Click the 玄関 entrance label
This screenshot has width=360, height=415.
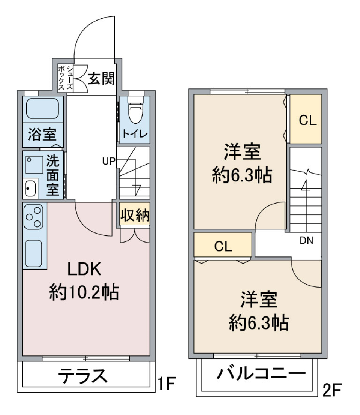[x=101, y=79]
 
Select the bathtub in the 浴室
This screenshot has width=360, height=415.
[x=43, y=108]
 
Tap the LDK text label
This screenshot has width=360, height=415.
[x=84, y=269]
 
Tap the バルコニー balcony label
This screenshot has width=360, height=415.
[x=261, y=374]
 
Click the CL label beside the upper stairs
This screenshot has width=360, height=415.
[x=307, y=121]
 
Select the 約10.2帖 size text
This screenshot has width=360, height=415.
[x=84, y=292]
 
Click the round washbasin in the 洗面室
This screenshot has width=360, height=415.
[x=30, y=189]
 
